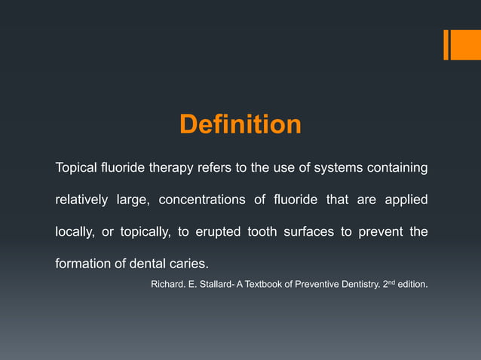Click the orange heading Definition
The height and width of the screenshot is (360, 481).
240,124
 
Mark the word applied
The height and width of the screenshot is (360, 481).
406,200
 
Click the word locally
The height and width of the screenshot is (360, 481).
74,232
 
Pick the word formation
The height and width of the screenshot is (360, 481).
81,264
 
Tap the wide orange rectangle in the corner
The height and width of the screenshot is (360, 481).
461,44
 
